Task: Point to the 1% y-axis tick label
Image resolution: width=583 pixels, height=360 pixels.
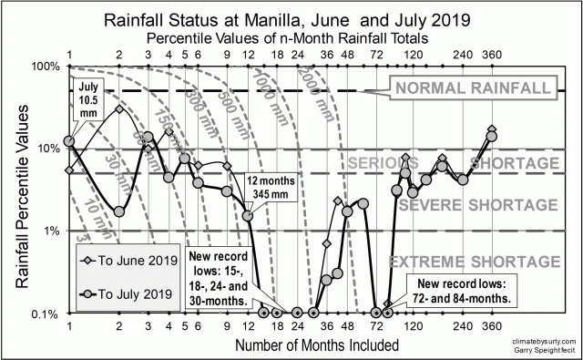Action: click(47, 231)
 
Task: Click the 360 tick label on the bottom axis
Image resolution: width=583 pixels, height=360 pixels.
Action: click(493, 328)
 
